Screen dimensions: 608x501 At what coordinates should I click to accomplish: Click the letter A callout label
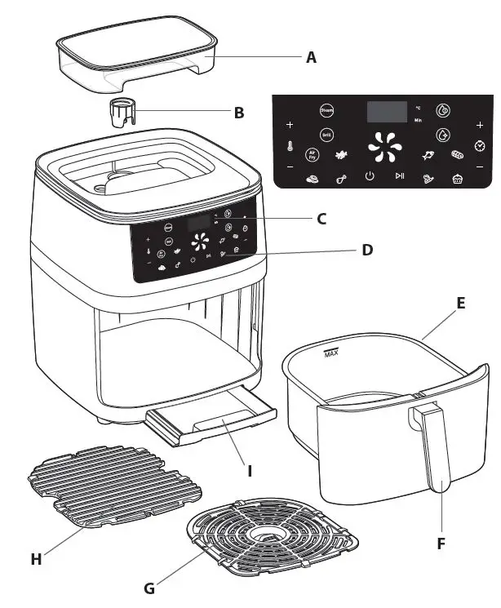point(310,57)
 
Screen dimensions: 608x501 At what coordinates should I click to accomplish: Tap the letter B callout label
point(238,113)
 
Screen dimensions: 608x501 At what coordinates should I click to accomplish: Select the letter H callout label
point(36,558)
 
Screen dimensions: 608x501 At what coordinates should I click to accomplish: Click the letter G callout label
point(148,588)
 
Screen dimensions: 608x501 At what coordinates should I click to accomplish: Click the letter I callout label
point(250,470)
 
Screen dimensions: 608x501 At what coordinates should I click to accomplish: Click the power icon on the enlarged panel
point(370,176)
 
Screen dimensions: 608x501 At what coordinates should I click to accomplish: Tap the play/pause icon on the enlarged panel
point(399,176)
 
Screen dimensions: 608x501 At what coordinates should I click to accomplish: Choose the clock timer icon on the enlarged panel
point(480,144)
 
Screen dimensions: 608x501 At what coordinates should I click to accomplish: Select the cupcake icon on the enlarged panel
point(457,180)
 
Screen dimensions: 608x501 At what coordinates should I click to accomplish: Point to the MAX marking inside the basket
point(331,353)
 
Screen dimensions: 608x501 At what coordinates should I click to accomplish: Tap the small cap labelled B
point(120,112)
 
